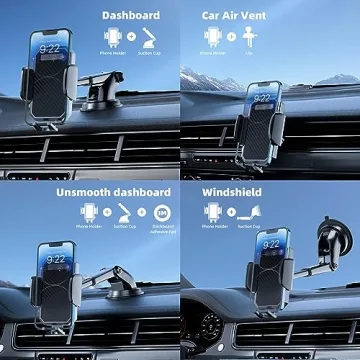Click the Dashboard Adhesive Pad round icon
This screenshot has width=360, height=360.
pyautogui.click(x=162, y=212)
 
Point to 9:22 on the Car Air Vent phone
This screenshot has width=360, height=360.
pyautogui.click(x=262, y=100)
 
